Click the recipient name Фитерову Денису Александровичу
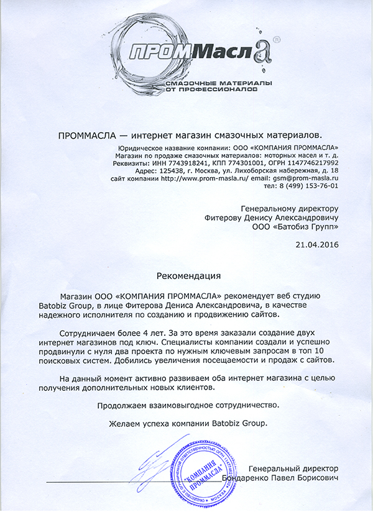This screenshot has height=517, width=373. (271, 218)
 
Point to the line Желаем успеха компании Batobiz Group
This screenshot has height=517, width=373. (186, 423)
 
